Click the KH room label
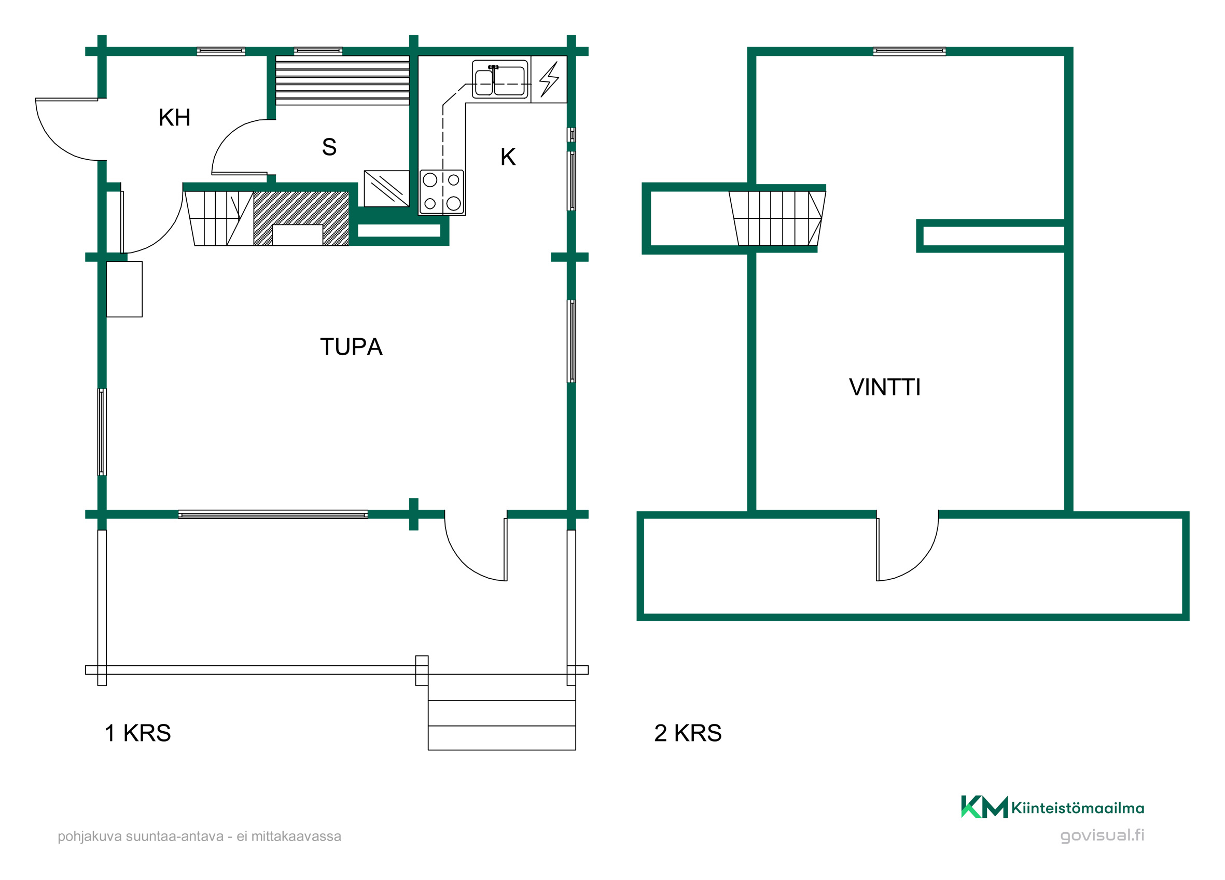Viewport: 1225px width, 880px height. click(174, 118)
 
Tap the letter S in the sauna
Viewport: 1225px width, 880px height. click(329, 147)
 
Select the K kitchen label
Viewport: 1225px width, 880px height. click(508, 157)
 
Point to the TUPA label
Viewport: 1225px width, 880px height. click(351, 347)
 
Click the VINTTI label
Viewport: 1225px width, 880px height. click(885, 387)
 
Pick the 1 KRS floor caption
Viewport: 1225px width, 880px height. click(138, 733)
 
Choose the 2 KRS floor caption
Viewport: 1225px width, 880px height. click(688, 733)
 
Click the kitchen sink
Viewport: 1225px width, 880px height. click(499, 79)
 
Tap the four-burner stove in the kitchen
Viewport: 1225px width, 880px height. click(442, 192)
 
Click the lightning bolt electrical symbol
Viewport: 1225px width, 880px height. click(549, 79)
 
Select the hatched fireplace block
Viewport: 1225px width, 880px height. click(301, 218)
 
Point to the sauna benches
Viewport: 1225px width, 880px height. click(342, 80)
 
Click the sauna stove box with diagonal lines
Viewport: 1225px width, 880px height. click(386, 189)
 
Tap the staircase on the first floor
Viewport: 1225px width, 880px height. click(219, 218)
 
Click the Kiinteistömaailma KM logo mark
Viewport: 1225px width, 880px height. click(984, 807)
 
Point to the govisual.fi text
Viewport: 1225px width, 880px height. click(1102, 835)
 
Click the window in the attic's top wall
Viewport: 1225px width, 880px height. click(909, 51)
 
